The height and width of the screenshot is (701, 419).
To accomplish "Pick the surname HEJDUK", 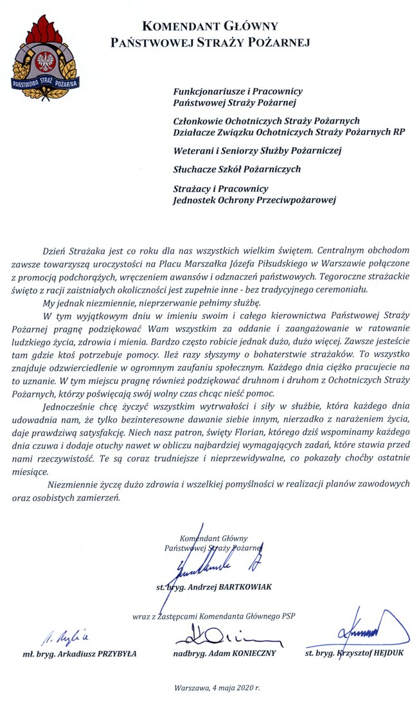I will [x=385, y=654].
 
